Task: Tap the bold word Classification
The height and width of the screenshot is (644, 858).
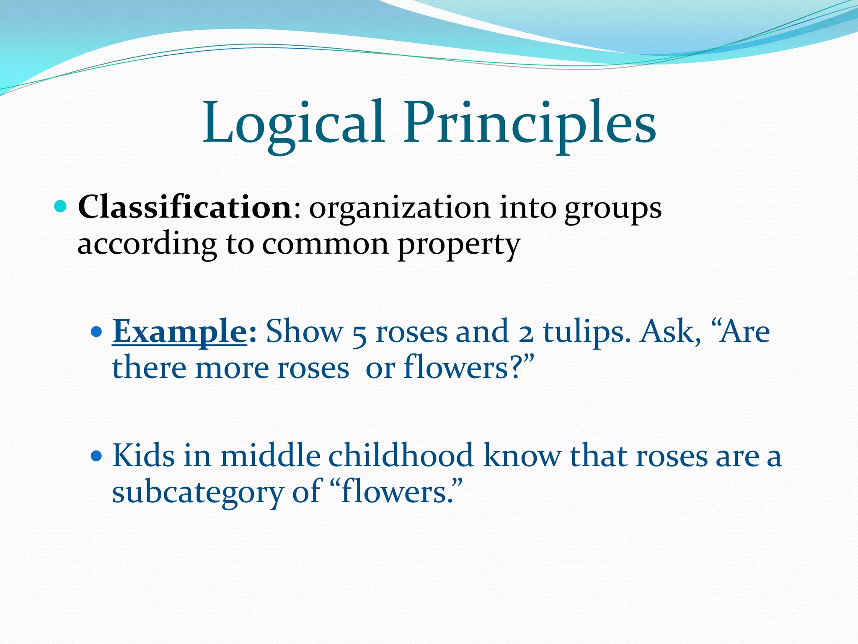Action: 185,207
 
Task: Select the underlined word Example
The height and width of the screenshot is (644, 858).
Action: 180,331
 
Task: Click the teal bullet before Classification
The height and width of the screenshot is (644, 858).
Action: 61,206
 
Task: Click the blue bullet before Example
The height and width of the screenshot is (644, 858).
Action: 96,332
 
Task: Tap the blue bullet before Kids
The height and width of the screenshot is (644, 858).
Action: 96,456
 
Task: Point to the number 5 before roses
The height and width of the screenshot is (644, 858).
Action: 359,334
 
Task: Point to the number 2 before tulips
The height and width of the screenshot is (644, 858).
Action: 526,334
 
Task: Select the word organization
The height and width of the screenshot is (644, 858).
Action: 399,208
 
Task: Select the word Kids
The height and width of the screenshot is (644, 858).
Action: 143,455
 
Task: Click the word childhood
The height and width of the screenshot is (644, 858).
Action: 401,455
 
